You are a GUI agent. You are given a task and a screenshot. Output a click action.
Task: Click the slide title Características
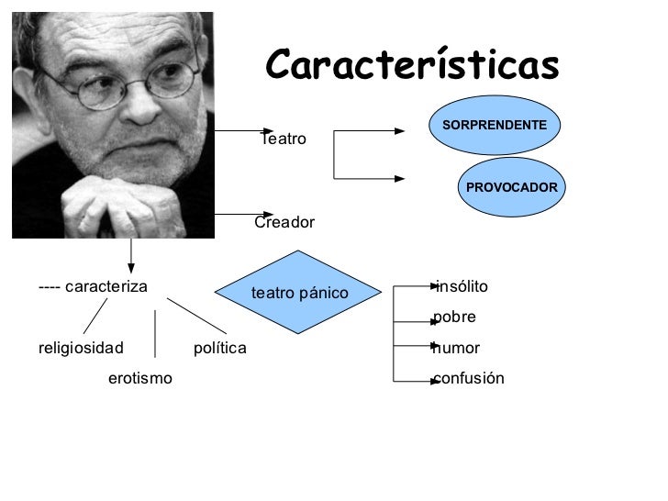(x=412, y=65)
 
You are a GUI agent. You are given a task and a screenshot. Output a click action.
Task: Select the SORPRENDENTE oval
(x=495, y=124)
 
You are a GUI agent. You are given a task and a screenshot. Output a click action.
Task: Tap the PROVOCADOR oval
(x=512, y=187)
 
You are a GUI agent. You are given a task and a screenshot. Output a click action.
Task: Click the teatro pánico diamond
(x=299, y=294)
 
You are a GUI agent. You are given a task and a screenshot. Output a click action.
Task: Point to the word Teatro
(x=284, y=139)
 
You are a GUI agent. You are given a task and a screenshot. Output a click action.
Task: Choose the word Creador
(x=284, y=223)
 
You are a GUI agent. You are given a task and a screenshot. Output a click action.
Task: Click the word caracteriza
(x=106, y=286)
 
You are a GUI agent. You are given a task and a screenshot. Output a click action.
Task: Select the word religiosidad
(x=81, y=349)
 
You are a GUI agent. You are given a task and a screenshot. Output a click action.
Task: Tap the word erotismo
(x=139, y=378)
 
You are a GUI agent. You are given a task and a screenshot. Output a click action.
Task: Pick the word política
(x=220, y=349)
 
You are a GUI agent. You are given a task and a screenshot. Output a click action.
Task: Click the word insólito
(x=462, y=287)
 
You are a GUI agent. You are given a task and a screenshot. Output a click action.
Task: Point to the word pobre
(x=455, y=317)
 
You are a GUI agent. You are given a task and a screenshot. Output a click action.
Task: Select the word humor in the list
(x=457, y=349)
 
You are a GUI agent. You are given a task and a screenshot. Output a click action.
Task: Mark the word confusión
(x=469, y=379)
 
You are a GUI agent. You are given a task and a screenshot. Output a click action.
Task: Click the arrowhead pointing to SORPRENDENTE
(x=399, y=131)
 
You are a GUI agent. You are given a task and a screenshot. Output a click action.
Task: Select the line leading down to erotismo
(x=155, y=333)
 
